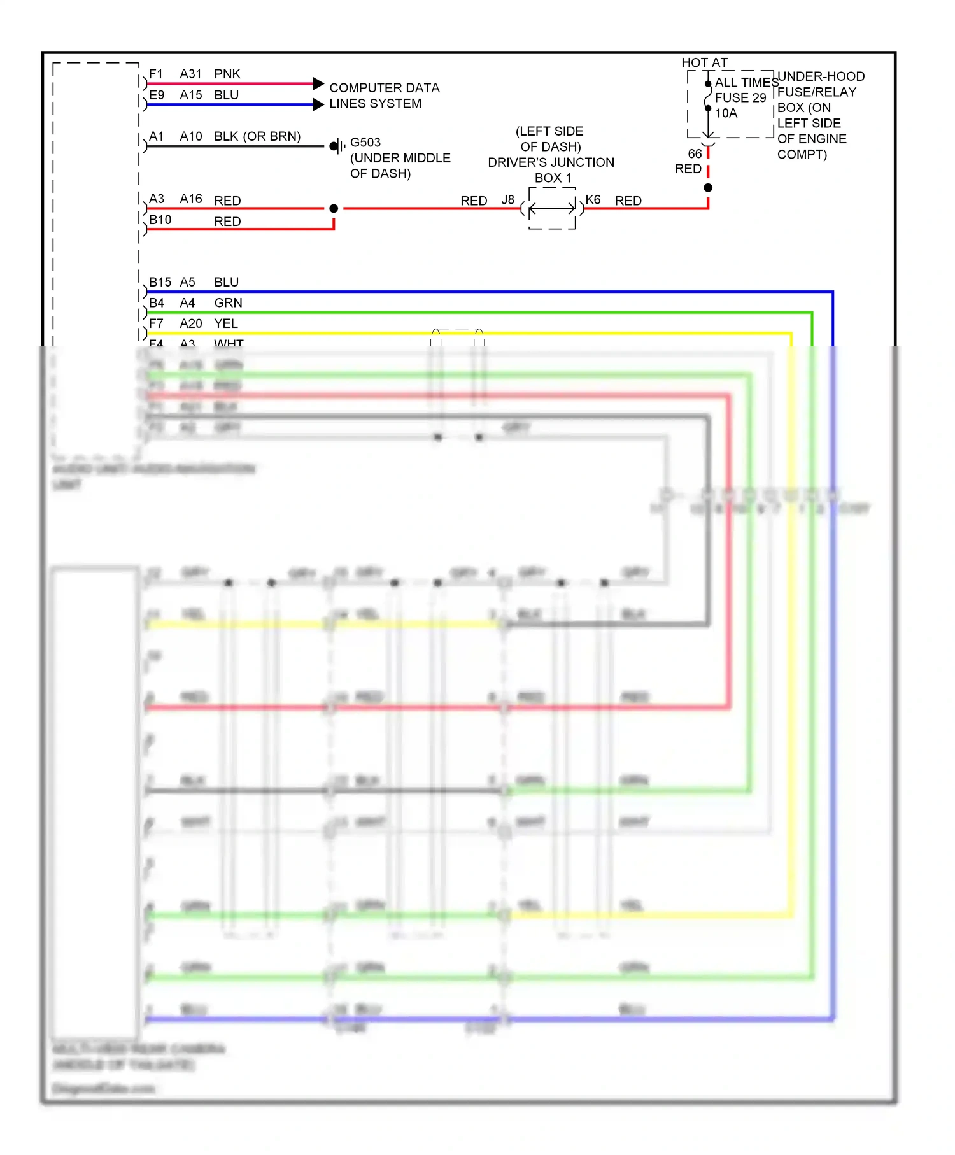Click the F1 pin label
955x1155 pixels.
156,74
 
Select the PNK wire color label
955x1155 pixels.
227,74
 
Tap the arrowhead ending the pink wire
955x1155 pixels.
319,83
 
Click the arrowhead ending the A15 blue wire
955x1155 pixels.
319,104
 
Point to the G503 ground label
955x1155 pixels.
365,142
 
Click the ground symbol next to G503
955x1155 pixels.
338,146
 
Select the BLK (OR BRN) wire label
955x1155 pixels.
257,136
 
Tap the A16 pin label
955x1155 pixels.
191,199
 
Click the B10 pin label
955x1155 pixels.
160,220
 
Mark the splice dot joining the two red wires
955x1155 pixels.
334,208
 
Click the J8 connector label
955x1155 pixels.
507,200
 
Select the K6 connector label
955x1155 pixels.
593,200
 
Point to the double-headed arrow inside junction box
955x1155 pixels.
552,208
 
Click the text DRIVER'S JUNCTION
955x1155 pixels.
551,162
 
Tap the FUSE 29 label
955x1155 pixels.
740,97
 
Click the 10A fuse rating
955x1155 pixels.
726,113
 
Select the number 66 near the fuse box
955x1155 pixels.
695,154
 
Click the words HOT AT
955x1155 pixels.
704,62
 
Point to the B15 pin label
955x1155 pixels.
160,282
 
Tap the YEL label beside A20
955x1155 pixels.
226,323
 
